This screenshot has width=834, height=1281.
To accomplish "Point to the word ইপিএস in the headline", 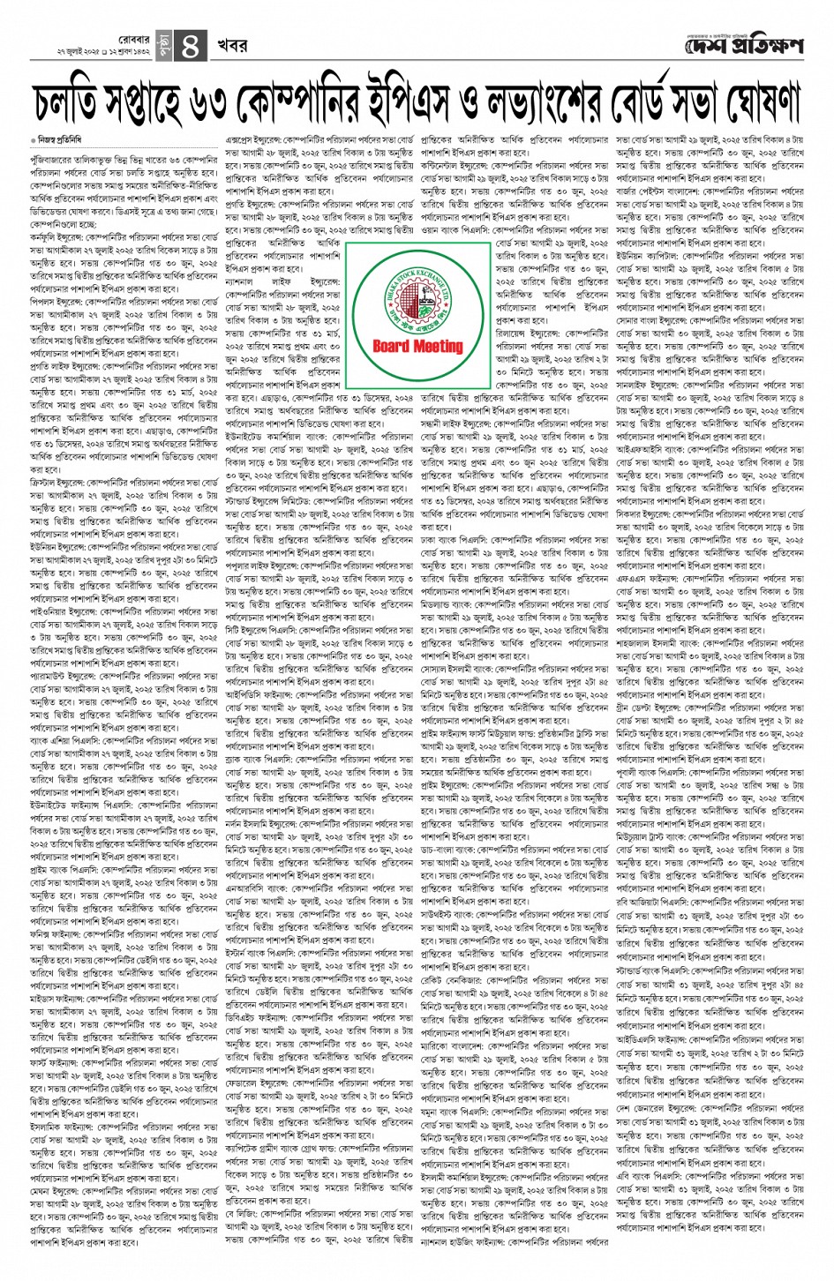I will click(x=441, y=104).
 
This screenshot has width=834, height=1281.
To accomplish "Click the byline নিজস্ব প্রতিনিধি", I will click(x=61, y=141).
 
